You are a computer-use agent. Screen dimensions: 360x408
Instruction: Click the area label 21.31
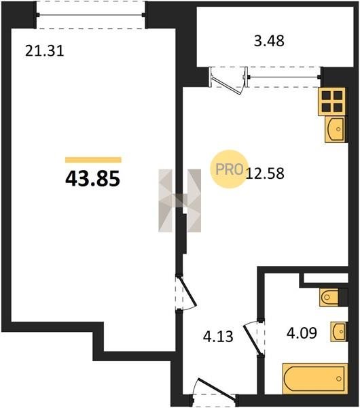tap(44, 51)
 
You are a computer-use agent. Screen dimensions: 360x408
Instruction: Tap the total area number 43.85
tap(93, 178)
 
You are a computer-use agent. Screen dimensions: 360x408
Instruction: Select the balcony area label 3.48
tap(269, 41)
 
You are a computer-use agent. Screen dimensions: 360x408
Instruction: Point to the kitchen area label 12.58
tap(265, 173)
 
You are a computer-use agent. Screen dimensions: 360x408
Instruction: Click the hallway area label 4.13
tap(218, 337)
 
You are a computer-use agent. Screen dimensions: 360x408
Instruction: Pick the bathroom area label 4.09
tap(302, 333)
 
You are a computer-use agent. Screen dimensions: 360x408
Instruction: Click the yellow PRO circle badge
tap(230, 169)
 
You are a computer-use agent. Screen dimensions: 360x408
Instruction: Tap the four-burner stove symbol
tap(332, 101)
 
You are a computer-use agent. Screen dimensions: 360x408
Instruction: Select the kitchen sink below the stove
tap(336, 129)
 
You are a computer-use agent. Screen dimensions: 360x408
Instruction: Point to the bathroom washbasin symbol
tap(339, 332)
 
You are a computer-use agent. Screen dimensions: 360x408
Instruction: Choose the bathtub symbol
tap(315, 379)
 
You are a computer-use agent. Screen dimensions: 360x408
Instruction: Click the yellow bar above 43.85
tap(93, 160)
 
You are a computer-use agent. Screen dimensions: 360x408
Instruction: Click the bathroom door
tap(253, 337)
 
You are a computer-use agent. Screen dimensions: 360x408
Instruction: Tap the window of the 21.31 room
tap(90, 15)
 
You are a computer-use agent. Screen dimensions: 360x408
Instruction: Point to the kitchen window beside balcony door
tap(285, 77)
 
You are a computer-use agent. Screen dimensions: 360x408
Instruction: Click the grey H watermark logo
tap(179, 201)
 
